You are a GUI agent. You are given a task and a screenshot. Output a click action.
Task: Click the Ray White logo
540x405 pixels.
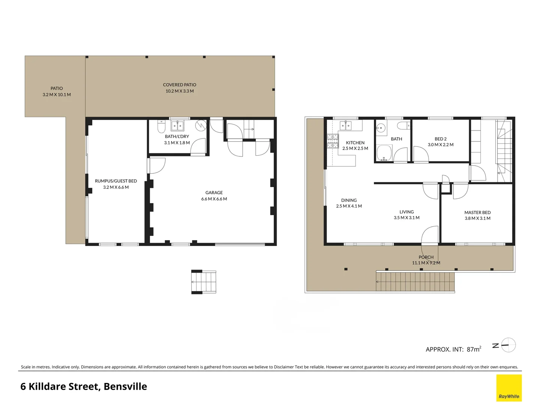tap(509, 388)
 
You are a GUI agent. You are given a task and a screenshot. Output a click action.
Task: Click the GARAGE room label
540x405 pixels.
tap(214, 192)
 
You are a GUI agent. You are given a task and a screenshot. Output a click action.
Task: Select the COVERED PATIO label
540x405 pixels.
tap(179, 85)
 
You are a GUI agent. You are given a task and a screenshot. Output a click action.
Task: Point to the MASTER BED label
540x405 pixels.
tap(477, 212)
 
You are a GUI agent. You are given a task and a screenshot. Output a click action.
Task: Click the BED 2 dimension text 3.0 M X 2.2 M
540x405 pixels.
tap(440, 145)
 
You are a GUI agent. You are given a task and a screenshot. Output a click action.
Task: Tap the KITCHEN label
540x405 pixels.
tap(355, 142)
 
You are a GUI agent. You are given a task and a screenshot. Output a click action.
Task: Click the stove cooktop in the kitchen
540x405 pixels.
tap(333, 141)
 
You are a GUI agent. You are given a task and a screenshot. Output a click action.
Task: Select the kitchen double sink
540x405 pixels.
tap(345, 125)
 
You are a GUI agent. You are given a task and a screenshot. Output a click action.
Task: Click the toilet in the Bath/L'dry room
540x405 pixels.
tap(161, 127)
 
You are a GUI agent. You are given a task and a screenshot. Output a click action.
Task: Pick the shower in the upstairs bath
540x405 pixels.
tap(384, 153)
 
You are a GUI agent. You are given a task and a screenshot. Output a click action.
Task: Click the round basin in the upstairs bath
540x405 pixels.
tap(381, 128)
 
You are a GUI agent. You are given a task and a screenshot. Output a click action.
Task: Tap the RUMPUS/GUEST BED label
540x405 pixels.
tap(115, 181)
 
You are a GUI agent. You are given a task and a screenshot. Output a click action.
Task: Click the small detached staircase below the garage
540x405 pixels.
tap(204, 282)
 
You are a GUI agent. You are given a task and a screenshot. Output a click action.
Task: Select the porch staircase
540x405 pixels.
tap(415, 282)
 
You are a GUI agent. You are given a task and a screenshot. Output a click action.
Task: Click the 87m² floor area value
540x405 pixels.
tap(474, 349)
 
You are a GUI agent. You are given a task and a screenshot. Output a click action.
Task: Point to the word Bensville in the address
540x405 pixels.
tap(125, 387)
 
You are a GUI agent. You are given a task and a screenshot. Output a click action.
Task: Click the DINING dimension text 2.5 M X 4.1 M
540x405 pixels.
tap(349, 206)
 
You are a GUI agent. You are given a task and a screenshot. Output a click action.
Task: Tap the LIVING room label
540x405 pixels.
tap(406, 212)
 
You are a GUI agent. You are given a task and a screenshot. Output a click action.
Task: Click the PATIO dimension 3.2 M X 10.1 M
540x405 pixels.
tap(57, 95)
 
